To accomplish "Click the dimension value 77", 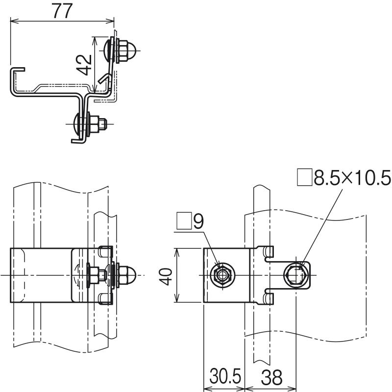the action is click(63, 11).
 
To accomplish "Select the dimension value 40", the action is click(166, 276).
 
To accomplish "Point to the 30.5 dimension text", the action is click(225, 376).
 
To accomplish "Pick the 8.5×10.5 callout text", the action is click(352, 178).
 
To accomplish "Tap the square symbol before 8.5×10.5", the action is click(304, 177).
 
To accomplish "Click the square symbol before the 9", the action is click(184, 221).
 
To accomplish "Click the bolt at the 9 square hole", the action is click(221, 275).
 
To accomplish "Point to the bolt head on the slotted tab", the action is click(296, 275).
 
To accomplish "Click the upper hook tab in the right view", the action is click(268, 252).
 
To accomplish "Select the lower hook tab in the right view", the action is click(268, 299).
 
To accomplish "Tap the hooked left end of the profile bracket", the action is click(17, 71).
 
